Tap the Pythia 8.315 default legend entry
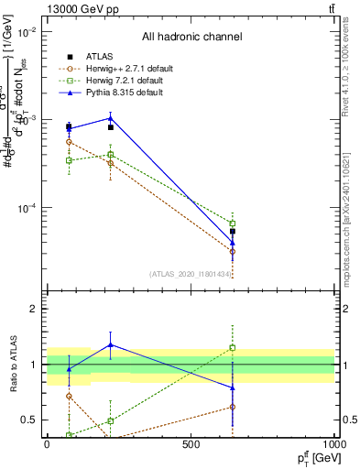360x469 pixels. click(x=112, y=93)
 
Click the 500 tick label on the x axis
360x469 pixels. click(x=191, y=444)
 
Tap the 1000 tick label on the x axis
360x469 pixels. click(x=333, y=444)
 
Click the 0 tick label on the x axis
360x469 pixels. click(x=47, y=444)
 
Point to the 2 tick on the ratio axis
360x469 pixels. click(x=33, y=309)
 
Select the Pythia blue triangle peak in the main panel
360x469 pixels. click(x=111, y=117)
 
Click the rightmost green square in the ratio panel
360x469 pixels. click(x=233, y=348)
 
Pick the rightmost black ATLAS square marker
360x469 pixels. click(x=233, y=232)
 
